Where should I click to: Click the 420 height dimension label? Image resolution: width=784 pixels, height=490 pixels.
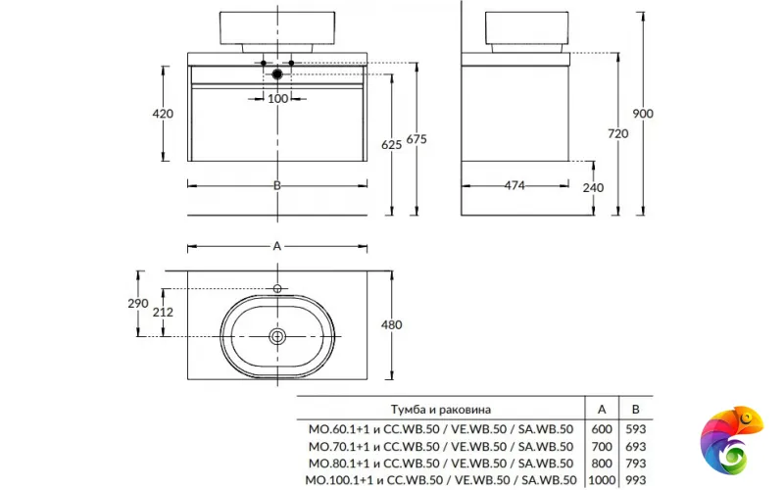tap(163, 114)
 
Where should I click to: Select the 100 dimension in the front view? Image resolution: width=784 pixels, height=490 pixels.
tap(277, 98)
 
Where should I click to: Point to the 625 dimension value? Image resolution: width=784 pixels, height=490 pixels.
tap(392, 145)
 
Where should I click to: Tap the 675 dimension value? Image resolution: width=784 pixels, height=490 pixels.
tap(416, 140)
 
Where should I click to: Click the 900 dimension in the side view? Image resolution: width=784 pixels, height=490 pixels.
tap(643, 114)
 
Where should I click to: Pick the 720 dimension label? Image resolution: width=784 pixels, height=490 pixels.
tap(618, 134)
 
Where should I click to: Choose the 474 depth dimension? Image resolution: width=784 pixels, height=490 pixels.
tap(514, 185)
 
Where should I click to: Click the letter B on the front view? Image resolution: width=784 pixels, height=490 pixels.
tap(277, 185)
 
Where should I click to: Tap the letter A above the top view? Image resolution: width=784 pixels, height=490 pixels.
tap(277, 246)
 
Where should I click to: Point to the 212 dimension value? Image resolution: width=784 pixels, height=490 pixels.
tap(163, 314)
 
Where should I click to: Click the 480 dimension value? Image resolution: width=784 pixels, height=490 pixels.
tap(392, 324)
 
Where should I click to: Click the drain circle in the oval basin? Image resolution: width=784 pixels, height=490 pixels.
tap(277, 335)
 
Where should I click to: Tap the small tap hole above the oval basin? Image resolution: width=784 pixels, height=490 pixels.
tap(277, 288)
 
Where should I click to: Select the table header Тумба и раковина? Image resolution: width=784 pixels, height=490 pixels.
tap(441, 409)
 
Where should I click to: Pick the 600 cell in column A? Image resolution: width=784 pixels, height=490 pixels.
tap(601, 427)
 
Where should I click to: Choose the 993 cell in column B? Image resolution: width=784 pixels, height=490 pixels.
tap(637, 480)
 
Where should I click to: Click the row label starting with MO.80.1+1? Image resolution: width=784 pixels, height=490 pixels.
tap(440, 463)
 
